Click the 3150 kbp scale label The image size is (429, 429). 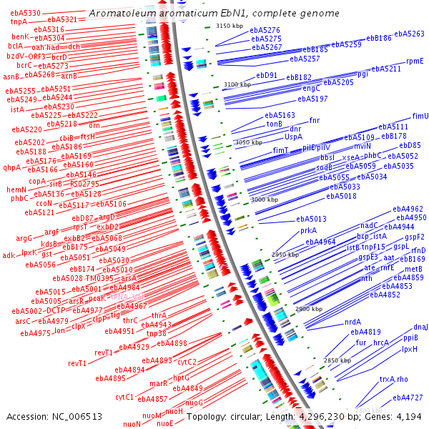(230, 26)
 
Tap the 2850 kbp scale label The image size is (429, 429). (337, 360)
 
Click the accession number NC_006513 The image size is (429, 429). (77, 416)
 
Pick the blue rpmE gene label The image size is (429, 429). (415, 61)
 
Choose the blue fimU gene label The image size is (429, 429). (420, 116)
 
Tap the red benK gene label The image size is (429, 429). (19, 36)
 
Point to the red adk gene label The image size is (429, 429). (8, 255)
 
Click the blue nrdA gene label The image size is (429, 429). (352, 322)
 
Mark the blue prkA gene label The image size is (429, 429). (308, 230)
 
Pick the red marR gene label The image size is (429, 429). (159, 383)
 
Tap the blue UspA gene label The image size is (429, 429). (293, 136)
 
